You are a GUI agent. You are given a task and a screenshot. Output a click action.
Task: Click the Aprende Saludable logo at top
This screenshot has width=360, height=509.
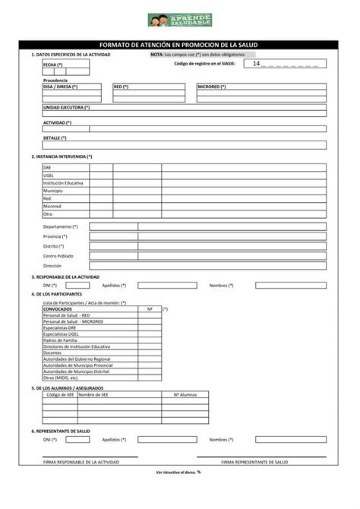(179, 21)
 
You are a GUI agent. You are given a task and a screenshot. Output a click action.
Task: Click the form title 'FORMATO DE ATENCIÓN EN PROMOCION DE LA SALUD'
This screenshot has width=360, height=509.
(179, 46)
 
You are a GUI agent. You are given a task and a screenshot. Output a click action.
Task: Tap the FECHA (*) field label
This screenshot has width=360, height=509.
(53, 65)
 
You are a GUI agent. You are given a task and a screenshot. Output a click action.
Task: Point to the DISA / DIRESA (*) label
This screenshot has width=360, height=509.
(61, 87)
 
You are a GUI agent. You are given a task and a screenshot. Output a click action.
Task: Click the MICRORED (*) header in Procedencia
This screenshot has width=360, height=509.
(212, 87)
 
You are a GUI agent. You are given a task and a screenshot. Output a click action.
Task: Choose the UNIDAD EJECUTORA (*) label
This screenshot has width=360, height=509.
(66, 107)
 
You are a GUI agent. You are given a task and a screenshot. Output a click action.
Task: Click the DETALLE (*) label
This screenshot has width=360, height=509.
(55, 138)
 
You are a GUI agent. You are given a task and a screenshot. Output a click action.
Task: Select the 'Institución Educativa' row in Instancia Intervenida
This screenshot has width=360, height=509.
(63, 183)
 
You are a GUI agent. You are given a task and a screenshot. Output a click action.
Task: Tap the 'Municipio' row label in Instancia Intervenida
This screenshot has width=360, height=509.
(53, 191)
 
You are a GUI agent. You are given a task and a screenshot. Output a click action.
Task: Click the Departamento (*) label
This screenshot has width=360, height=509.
(61, 226)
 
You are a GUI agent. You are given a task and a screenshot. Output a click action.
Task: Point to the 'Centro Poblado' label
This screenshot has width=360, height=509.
(58, 256)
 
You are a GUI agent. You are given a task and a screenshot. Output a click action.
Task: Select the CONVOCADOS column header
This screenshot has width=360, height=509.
(58, 309)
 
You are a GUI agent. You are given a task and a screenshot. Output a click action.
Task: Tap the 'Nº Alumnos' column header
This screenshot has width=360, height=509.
(185, 395)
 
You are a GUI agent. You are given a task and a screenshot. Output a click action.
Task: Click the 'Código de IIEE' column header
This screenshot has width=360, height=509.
(60, 395)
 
